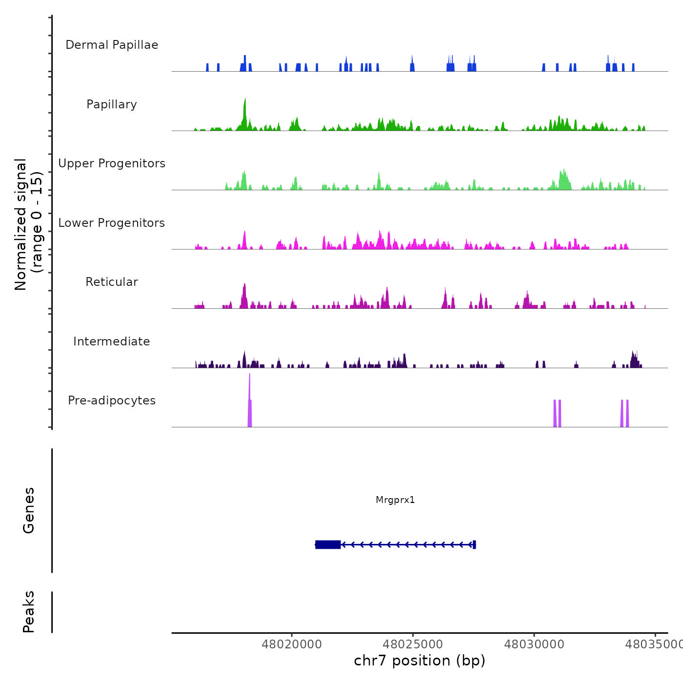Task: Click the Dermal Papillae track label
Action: pos(112,45)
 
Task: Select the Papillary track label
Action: pos(112,104)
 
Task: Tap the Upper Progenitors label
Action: pos(112,163)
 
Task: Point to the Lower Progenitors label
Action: pos(112,223)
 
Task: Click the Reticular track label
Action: pos(112,282)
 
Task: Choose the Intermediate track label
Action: pos(112,341)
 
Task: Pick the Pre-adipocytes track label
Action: pos(112,401)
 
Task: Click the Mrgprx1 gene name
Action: pos(395,500)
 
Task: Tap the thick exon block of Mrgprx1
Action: pos(328,544)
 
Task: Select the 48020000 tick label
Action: pos(292,644)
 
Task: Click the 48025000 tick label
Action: pos(413,644)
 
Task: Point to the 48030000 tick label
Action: pos(534,644)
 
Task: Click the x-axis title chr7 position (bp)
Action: pos(420,661)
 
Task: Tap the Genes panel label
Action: pos(29,510)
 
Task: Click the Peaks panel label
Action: pos(29,612)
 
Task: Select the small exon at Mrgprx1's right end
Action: pos(474,544)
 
